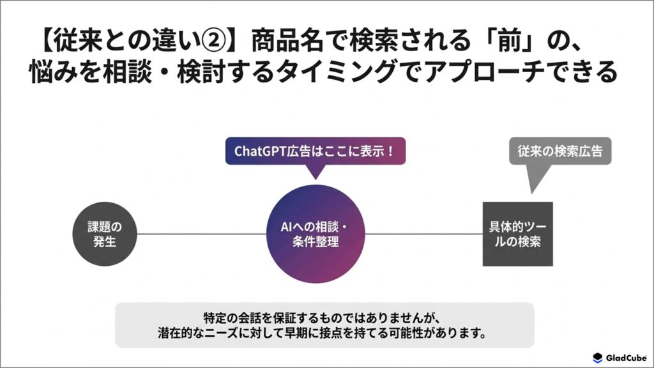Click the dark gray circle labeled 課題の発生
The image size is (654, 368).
tap(105, 234)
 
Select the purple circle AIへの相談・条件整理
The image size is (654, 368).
tap(316, 234)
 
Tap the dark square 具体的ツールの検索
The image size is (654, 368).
tap(517, 234)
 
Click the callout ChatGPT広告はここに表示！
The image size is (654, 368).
tap(316, 151)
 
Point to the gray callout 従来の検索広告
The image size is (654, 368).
tap(560, 151)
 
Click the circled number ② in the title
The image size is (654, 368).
tap(213, 40)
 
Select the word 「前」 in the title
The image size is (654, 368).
tap(511, 40)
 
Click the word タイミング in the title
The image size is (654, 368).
tap(333, 72)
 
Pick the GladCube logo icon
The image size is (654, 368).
tap(598, 358)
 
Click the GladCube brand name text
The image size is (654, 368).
tap(626, 358)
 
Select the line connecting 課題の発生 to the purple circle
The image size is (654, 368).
tap(201, 234)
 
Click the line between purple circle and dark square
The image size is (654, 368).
tap(424, 234)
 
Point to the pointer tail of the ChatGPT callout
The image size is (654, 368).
tap(316, 171)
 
